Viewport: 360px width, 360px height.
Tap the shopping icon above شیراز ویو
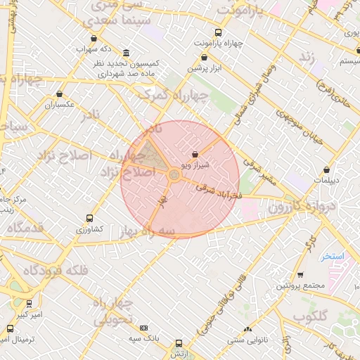click(x=195, y=154)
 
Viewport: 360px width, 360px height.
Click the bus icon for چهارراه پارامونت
click(x=217, y=32)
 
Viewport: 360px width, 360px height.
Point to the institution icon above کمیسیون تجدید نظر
click(x=126, y=53)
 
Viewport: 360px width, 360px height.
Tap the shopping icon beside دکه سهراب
click(x=94, y=39)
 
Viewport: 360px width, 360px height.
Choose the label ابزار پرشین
click(x=206, y=68)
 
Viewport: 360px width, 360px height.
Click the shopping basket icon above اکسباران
click(x=59, y=94)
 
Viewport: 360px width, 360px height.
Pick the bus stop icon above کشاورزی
click(x=89, y=218)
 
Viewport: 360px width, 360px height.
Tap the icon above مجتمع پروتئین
click(x=300, y=275)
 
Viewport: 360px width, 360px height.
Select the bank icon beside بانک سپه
click(x=143, y=328)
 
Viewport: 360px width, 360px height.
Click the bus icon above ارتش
click(x=179, y=343)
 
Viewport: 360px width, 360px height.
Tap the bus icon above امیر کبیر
click(x=29, y=304)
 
